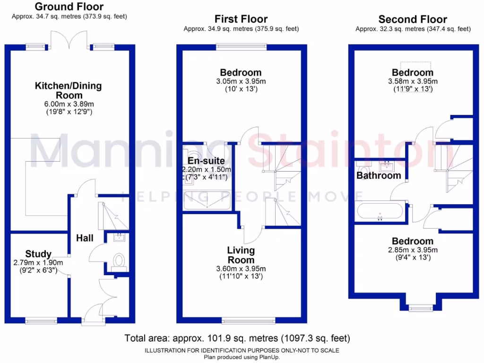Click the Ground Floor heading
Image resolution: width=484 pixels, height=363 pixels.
pos(69,7)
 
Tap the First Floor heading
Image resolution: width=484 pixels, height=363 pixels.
pos(241,19)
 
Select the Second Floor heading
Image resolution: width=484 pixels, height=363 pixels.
pos(413,19)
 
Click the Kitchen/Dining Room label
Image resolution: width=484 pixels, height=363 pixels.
pos(68,90)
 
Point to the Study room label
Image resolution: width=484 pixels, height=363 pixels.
pos(38,254)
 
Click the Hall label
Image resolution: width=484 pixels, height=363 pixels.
pos(85,238)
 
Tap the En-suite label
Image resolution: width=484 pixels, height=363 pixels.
pos(206,161)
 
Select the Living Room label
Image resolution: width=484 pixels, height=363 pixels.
pos(241,255)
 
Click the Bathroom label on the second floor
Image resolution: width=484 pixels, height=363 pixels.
pos(379,175)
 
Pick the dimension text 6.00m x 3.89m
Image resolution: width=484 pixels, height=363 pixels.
pos(68,104)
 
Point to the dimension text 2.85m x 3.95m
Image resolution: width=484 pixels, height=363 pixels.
pos(413,250)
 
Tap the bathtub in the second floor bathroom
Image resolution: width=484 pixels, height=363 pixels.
pos(380,211)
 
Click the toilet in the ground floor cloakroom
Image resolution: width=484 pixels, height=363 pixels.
pos(119,260)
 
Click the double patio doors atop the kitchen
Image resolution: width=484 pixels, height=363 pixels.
pos(70,42)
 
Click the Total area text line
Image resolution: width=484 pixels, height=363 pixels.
pos(237,338)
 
